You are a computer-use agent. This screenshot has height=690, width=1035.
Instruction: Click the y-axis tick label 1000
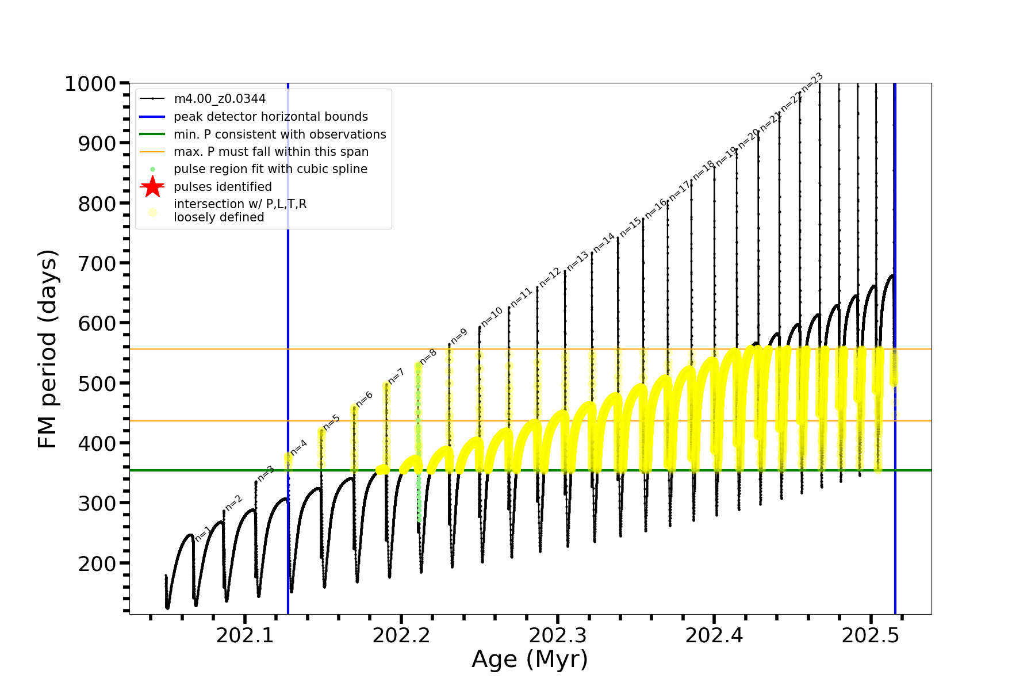[90, 84]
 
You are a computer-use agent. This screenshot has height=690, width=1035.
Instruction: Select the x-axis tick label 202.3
[558, 635]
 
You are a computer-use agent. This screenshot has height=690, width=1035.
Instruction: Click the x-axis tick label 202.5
[871, 635]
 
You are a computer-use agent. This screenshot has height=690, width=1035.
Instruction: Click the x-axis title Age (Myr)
[530, 660]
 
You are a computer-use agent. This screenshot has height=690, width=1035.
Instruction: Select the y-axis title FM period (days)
[48, 348]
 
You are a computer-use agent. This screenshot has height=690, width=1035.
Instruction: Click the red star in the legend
[152, 187]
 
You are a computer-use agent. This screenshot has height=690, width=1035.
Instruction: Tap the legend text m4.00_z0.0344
[220, 99]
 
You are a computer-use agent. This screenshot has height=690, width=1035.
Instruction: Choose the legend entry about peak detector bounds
[270, 117]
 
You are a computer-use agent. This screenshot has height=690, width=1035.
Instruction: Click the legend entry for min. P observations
[279, 135]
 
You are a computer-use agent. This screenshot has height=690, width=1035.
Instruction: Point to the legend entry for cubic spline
[270, 169]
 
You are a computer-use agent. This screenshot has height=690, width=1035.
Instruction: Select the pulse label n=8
[428, 356]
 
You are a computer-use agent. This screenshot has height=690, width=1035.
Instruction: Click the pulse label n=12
[550, 277]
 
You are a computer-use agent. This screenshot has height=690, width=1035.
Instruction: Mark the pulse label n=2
[234, 503]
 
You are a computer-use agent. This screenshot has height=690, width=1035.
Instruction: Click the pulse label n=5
[332, 423]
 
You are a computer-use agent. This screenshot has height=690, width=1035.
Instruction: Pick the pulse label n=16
[656, 208]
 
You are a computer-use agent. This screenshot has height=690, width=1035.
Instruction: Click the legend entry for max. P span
[271, 152]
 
